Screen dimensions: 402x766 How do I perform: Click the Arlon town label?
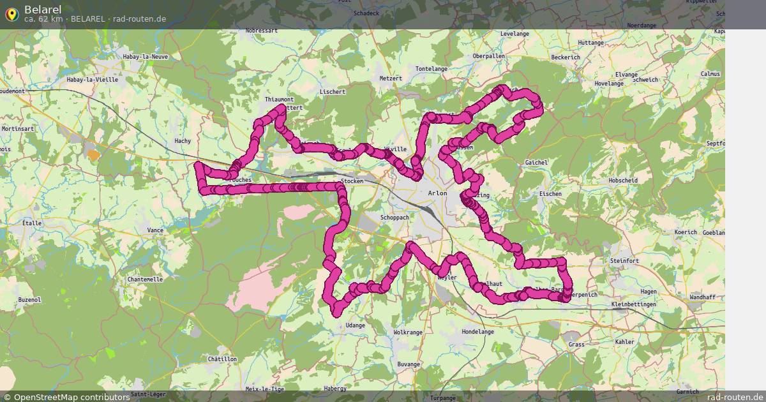click(x=438, y=193)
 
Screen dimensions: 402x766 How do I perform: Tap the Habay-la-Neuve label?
click(x=146, y=57)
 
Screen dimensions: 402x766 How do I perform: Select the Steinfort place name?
click(x=624, y=261)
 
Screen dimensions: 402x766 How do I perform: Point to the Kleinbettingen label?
click(x=633, y=305)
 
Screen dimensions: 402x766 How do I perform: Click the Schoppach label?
click(x=394, y=218)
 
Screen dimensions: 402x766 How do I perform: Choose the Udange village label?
click(x=355, y=325)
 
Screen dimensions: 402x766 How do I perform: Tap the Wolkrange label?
click(x=408, y=332)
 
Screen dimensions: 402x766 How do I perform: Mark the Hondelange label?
click(x=477, y=332)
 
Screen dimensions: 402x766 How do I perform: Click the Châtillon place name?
click(x=222, y=359)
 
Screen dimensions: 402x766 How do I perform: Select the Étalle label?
click(x=32, y=223)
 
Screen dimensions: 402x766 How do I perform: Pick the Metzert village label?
click(x=391, y=78)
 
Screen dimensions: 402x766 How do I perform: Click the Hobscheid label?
click(x=623, y=181)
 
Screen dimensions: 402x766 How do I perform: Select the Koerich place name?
click(x=686, y=232)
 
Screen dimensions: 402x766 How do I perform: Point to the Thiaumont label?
click(x=279, y=100)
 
